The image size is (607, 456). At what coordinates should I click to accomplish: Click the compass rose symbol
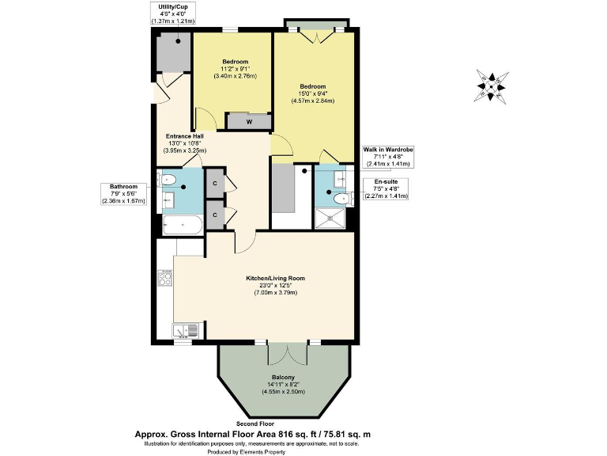pos(491,85)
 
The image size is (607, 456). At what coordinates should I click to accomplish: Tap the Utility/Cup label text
pos(172,6)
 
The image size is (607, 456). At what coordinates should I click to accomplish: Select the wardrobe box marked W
pos(249,121)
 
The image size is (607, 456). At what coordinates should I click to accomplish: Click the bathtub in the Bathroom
pos(183,226)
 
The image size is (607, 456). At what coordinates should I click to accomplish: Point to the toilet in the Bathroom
pos(168,180)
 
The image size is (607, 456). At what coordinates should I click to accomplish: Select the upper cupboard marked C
pos(215,184)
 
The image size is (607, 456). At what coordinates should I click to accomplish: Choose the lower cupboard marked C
pos(215,214)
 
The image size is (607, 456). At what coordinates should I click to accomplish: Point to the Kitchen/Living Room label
pos(274,278)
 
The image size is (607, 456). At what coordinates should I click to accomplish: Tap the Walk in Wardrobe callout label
pos(388,150)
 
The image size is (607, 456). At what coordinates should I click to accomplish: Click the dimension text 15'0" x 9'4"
pos(313,93)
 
